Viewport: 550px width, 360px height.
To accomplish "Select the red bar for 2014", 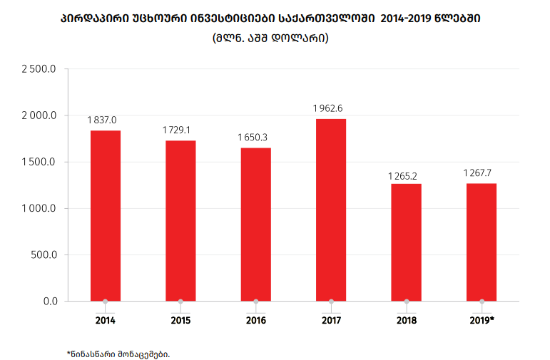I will tap(106, 215).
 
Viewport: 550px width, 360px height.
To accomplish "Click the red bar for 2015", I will tap(180, 220).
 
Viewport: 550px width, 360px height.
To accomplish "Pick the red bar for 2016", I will tap(255, 224).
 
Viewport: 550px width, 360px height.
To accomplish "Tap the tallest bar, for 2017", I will tap(331, 210).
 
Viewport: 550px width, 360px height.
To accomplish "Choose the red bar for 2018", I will tap(406, 242).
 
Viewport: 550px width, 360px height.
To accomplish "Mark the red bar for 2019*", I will tap(482, 242).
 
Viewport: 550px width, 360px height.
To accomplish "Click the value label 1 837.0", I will tap(102, 120).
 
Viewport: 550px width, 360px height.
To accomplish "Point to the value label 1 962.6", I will tap(328, 108).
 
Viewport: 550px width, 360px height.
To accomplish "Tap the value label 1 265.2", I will tap(403, 175).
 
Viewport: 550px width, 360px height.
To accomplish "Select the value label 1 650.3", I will tap(253, 137).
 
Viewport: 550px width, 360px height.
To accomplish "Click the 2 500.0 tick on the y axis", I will tap(39, 69).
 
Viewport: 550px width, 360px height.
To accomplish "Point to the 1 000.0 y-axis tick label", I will tap(39, 208).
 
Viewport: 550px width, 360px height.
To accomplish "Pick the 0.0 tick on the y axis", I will tap(50, 301).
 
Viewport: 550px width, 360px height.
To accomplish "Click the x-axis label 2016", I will tap(255, 320).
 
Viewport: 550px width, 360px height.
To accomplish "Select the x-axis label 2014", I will tap(106, 320).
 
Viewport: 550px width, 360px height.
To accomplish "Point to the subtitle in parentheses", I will tap(270, 38).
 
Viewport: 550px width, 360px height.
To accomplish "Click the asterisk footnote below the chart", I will tap(118, 353).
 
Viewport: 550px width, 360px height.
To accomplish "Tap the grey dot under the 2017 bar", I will tap(331, 302).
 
